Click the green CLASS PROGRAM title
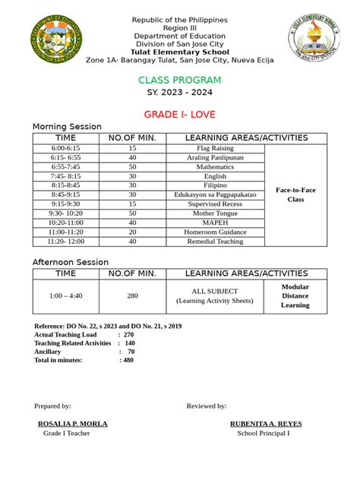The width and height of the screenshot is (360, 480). tap(179, 81)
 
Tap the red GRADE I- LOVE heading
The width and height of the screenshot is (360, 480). tap(179, 115)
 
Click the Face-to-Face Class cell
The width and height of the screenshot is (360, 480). tap(295, 194)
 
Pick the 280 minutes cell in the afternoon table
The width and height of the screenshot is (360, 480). tap(132, 296)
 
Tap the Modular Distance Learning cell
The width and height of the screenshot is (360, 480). tap(295, 296)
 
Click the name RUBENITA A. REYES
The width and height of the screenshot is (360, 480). tap(263, 424)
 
